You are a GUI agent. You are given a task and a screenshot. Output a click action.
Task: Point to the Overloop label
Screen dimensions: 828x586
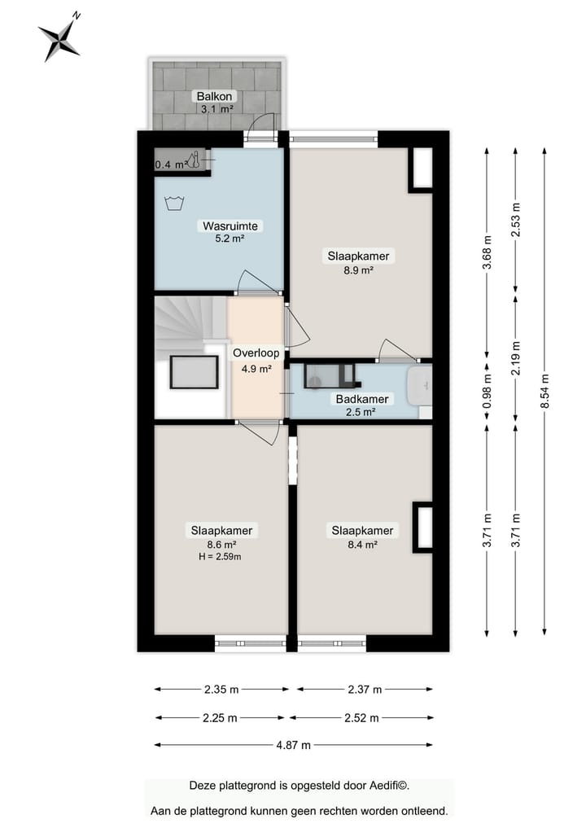click(256, 353)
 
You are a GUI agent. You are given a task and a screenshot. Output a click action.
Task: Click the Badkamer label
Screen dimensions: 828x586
click(362, 399)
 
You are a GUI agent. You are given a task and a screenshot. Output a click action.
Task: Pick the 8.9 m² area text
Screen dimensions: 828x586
click(358, 270)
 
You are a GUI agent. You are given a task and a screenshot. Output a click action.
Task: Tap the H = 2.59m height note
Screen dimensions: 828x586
click(221, 557)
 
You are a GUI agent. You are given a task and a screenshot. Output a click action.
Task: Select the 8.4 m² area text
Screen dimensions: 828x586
click(362, 545)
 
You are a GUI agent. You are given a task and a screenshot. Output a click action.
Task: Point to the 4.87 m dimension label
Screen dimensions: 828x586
click(293, 745)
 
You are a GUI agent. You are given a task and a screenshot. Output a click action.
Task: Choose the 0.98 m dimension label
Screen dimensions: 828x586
click(487, 389)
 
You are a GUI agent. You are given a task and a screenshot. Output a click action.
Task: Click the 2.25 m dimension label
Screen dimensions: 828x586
click(220, 718)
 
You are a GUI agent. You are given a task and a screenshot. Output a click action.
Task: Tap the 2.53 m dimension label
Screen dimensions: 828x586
click(515, 220)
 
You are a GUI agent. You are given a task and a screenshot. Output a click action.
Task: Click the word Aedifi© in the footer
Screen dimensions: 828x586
click(387, 786)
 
